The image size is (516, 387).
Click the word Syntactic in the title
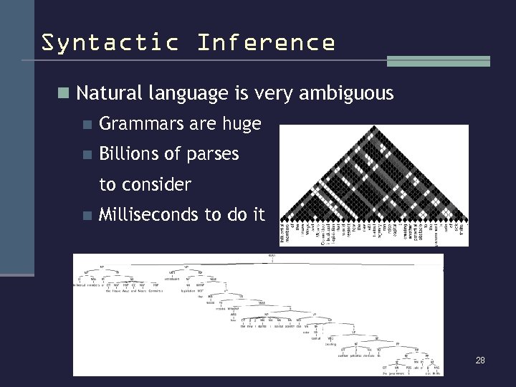[109, 42]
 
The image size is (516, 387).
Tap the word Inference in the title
[265, 42]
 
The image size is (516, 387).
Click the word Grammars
[142, 125]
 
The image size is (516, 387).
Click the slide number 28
[480, 360]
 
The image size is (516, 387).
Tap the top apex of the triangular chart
[373, 127]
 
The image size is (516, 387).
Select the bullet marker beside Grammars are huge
[87, 125]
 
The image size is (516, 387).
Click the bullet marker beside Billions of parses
[87, 155]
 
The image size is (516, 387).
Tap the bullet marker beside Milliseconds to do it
[87, 214]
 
